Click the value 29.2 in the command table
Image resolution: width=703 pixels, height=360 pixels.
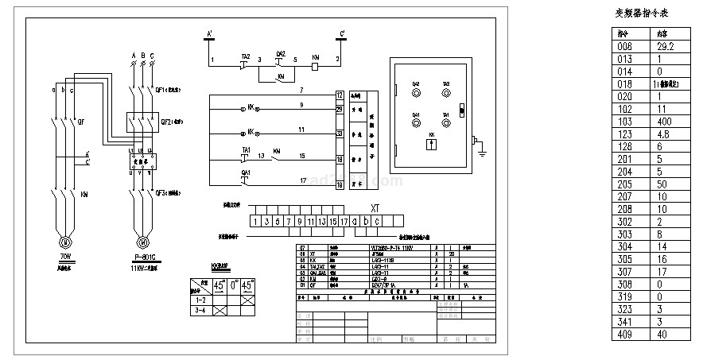pyautogui.click(x=666, y=47)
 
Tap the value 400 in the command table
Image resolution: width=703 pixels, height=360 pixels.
pyautogui.click(x=666, y=121)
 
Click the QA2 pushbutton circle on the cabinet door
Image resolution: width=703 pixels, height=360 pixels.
pyautogui.click(x=416, y=92)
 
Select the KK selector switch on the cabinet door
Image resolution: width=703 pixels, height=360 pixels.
pyautogui.click(x=432, y=145)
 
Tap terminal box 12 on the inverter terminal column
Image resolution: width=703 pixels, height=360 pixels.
pyautogui.click(x=340, y=95)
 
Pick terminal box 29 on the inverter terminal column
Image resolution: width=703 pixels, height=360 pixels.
pyautogui.click(x=340, y=109)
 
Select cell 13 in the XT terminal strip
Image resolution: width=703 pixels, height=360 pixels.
pyautogui.click(x=322, y=221)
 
